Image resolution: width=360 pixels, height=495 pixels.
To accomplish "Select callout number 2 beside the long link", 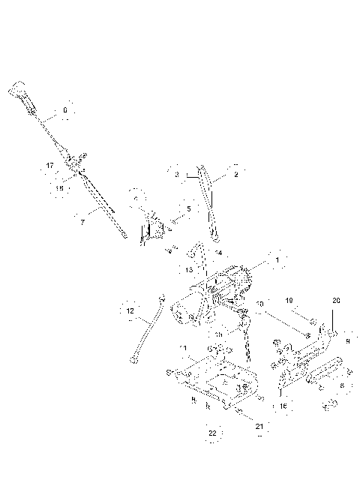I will pyautogui.click(x=235, y=174).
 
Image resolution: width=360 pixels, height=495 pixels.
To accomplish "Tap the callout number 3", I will pyautogui.click(x=176, y=174).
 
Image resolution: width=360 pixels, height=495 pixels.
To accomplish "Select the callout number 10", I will pyautogui.click(x=260, y=304).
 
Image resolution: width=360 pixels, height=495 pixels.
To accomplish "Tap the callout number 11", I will pyautogui.click(x=182, y=349).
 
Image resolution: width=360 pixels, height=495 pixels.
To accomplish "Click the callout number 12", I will pyautogui.click(x=130, y=310).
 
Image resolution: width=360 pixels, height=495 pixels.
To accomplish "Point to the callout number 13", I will pyautogui.click(x=190, y=269).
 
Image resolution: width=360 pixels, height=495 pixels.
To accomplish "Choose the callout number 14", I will pyautogui.click(x=218, y=253).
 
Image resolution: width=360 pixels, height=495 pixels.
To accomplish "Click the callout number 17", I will pyautogui.click(x=50, y=166).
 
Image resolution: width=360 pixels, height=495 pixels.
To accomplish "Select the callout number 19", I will pyautogui.click(x=289, y=300).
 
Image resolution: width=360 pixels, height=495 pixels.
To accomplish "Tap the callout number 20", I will pyautogui.click(x=335, y=300).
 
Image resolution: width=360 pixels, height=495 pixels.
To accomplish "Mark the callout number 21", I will pyautogui.click(x=259, y=426).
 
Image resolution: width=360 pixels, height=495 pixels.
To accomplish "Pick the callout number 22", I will pyautogui.click(x=212, y=433).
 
